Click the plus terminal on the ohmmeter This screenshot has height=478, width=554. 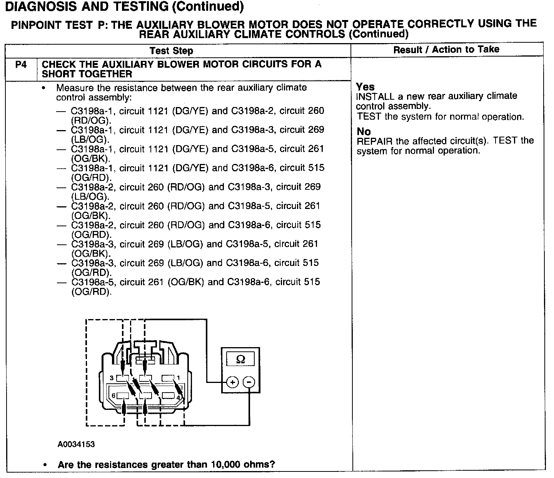coord(232,382)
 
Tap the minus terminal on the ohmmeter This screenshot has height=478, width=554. coord(249,382)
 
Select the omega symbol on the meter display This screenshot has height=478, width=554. coord(240,359)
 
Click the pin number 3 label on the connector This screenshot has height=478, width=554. coord(112,378)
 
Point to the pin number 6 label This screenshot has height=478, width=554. coord(113,396)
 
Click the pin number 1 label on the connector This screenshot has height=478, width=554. coord(179,378)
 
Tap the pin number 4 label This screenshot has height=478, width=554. coord(178,397)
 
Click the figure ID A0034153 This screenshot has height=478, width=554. coord(76,445)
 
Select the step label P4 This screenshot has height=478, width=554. coord(21,65)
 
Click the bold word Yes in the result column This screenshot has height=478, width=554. coord(365,87)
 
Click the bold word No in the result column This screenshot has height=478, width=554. coord(364,131)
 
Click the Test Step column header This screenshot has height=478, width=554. coord(171,51)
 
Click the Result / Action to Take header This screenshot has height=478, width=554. coord(446,49)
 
